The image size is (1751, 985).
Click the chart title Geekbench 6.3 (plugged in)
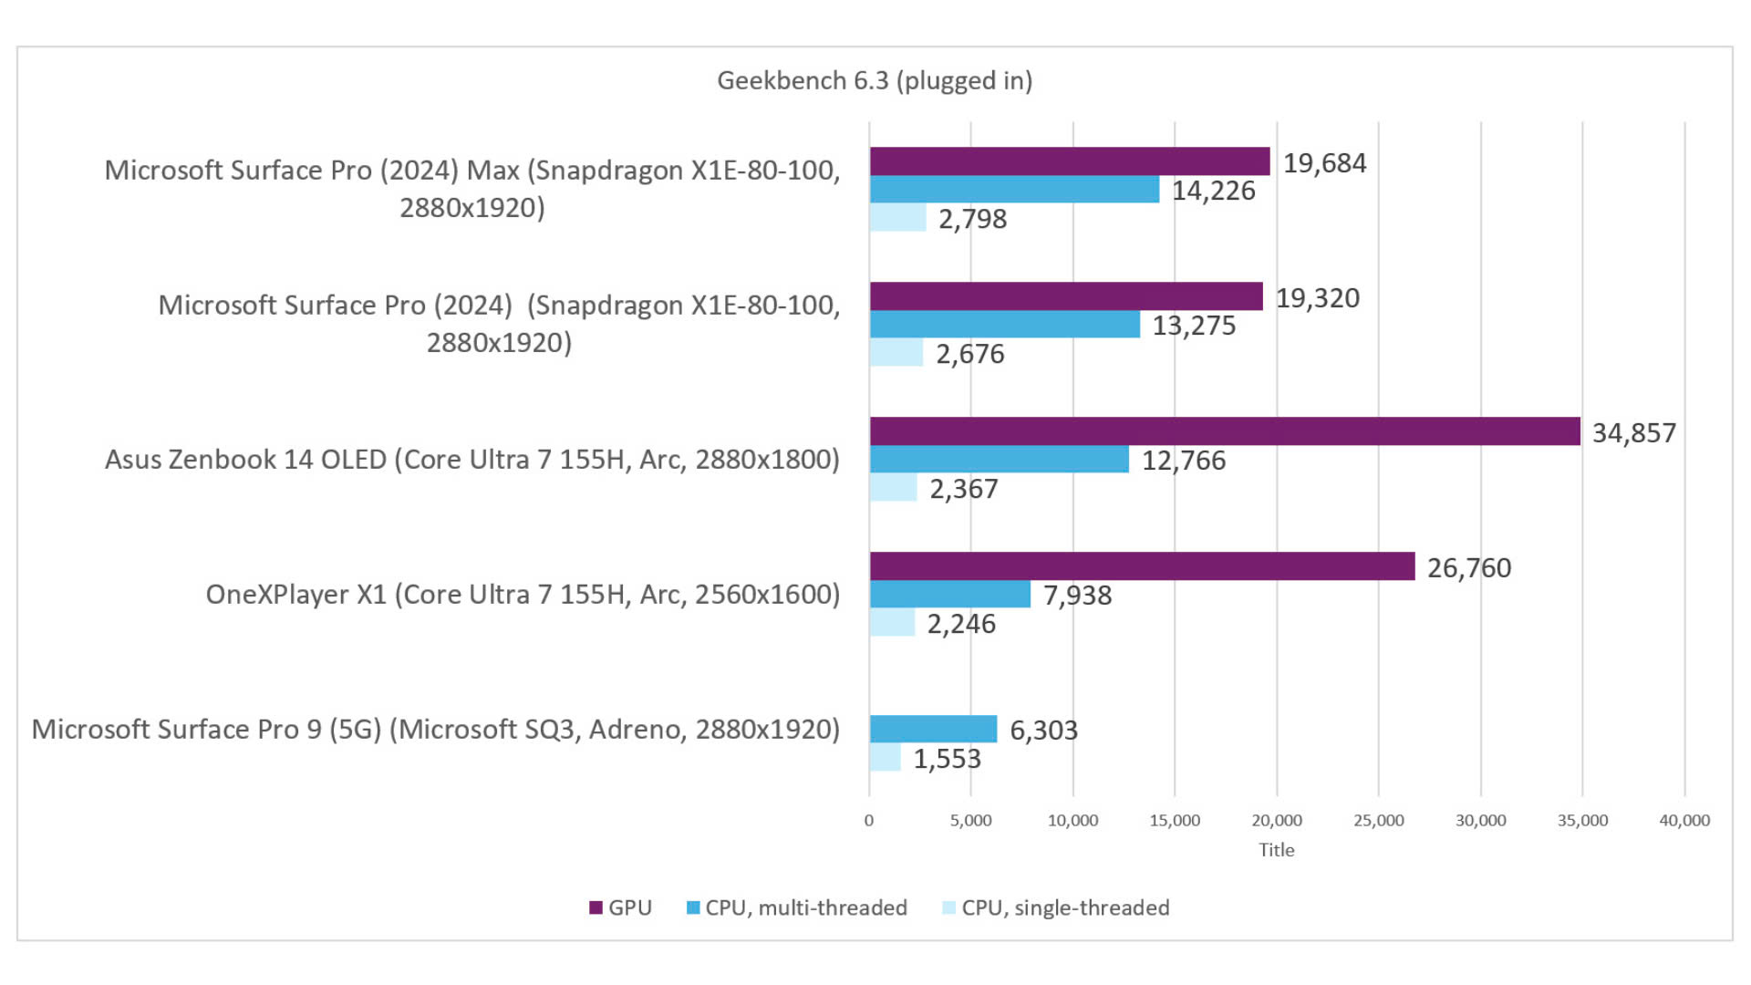874,80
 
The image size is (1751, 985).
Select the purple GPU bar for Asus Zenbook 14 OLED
1224,431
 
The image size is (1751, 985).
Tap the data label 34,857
1633,432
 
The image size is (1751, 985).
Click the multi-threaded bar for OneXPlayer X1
949,595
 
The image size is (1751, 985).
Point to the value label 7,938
1077,596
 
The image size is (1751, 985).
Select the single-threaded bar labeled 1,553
885,758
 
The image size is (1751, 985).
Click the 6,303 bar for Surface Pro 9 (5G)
933,729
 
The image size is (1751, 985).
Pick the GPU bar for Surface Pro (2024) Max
1069,161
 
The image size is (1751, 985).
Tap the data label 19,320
1317,298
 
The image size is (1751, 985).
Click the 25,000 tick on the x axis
1378,820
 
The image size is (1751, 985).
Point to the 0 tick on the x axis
868,820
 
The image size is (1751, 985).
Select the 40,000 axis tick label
1684,820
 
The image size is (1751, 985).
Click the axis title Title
1276,850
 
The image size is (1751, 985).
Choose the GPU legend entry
620,907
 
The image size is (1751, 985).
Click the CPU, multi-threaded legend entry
796,907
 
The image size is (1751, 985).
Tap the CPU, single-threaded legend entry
1055,907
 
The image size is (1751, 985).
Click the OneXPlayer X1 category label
522,595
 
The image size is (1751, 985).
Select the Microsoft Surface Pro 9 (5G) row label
435,730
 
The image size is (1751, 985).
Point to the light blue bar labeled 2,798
897,218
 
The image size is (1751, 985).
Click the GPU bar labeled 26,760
1141,566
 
